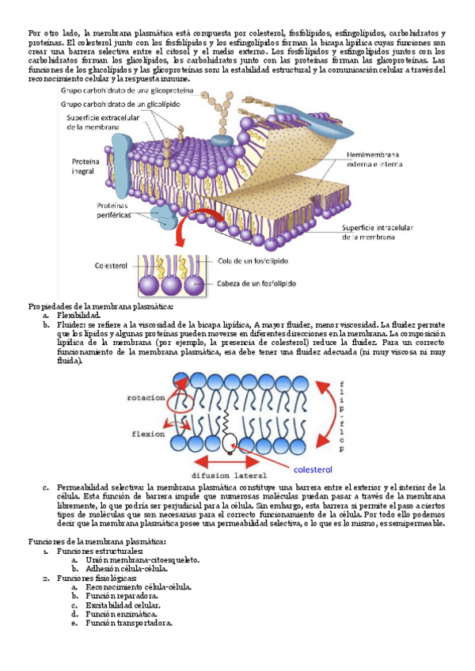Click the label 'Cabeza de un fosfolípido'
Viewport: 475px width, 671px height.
click(x=257, y=284)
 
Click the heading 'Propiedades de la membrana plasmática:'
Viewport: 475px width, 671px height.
click(x=101, y=306)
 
